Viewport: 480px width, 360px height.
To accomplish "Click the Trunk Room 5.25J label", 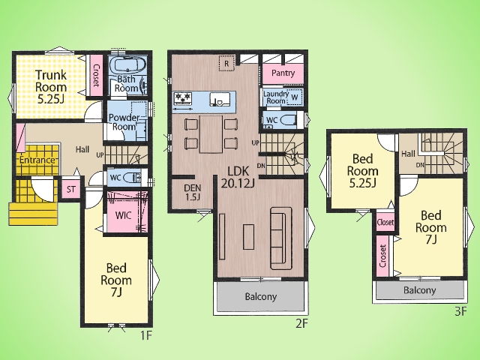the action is pyautogui.click(x=51, y=87).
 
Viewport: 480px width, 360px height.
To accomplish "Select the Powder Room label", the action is pyautogui.click(x=124, y=122).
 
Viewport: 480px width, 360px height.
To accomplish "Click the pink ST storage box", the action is pyautogui.click(x=71, y=189).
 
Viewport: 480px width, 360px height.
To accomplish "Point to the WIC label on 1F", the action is pyautogui.click(x=123, y=215).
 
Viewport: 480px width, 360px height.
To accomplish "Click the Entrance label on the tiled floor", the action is pyautogui.click(x=37, y=160).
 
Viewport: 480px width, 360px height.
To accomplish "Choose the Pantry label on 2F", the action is pyautogui.click(x=283, y=73).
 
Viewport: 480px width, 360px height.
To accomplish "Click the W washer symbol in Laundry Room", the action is pyautogui.click(x=295, y=97).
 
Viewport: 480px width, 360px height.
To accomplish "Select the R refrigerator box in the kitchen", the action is pyautogui.click(x=226, y=64).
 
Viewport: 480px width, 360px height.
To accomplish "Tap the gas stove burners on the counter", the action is pyautogui.click(x=183, y=98).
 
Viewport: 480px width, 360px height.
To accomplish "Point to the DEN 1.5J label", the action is pyautogui.click(x=192, y=192).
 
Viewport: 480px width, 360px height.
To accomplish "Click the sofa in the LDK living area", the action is pyautogui.click(x=281, y=238).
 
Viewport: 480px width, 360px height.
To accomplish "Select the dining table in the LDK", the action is pyautogui.click(x=211, y=134).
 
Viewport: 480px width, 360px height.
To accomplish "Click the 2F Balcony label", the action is pyautogui.click(x=261, y=296).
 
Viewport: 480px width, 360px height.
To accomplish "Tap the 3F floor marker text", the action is pyautogui.click(x=460, y=312).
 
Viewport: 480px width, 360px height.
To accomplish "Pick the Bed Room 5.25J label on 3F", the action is pyautogui.click(x=363, y=170).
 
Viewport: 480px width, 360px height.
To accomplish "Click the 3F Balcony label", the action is pyautogui.click(x=420, y=290).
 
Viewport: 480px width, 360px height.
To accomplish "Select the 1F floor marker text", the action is pyautogui.click(x=146, y=336).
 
